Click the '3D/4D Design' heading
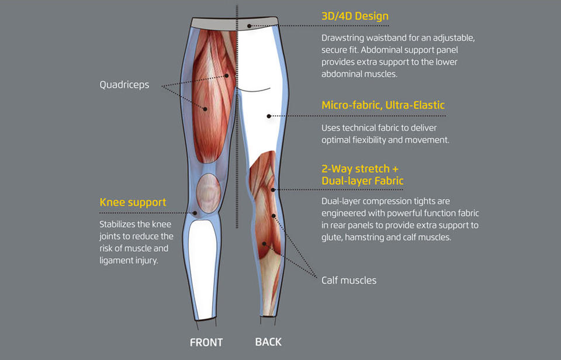355,16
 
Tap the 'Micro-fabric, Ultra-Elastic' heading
383,105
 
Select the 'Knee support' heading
133,202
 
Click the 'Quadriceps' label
124,85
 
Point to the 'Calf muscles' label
349,280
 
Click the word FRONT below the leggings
206,342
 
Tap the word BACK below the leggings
268,342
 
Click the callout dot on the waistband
249,26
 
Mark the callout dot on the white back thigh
269,116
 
